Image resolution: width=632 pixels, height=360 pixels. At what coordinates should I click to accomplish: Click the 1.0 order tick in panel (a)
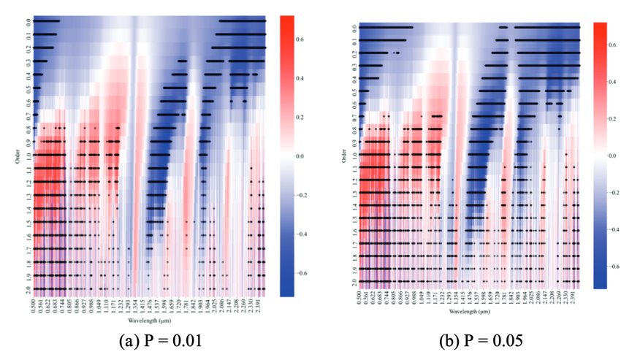tap(26, 156)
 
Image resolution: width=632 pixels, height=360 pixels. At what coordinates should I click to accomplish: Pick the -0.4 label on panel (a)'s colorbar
tap(308, 234)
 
